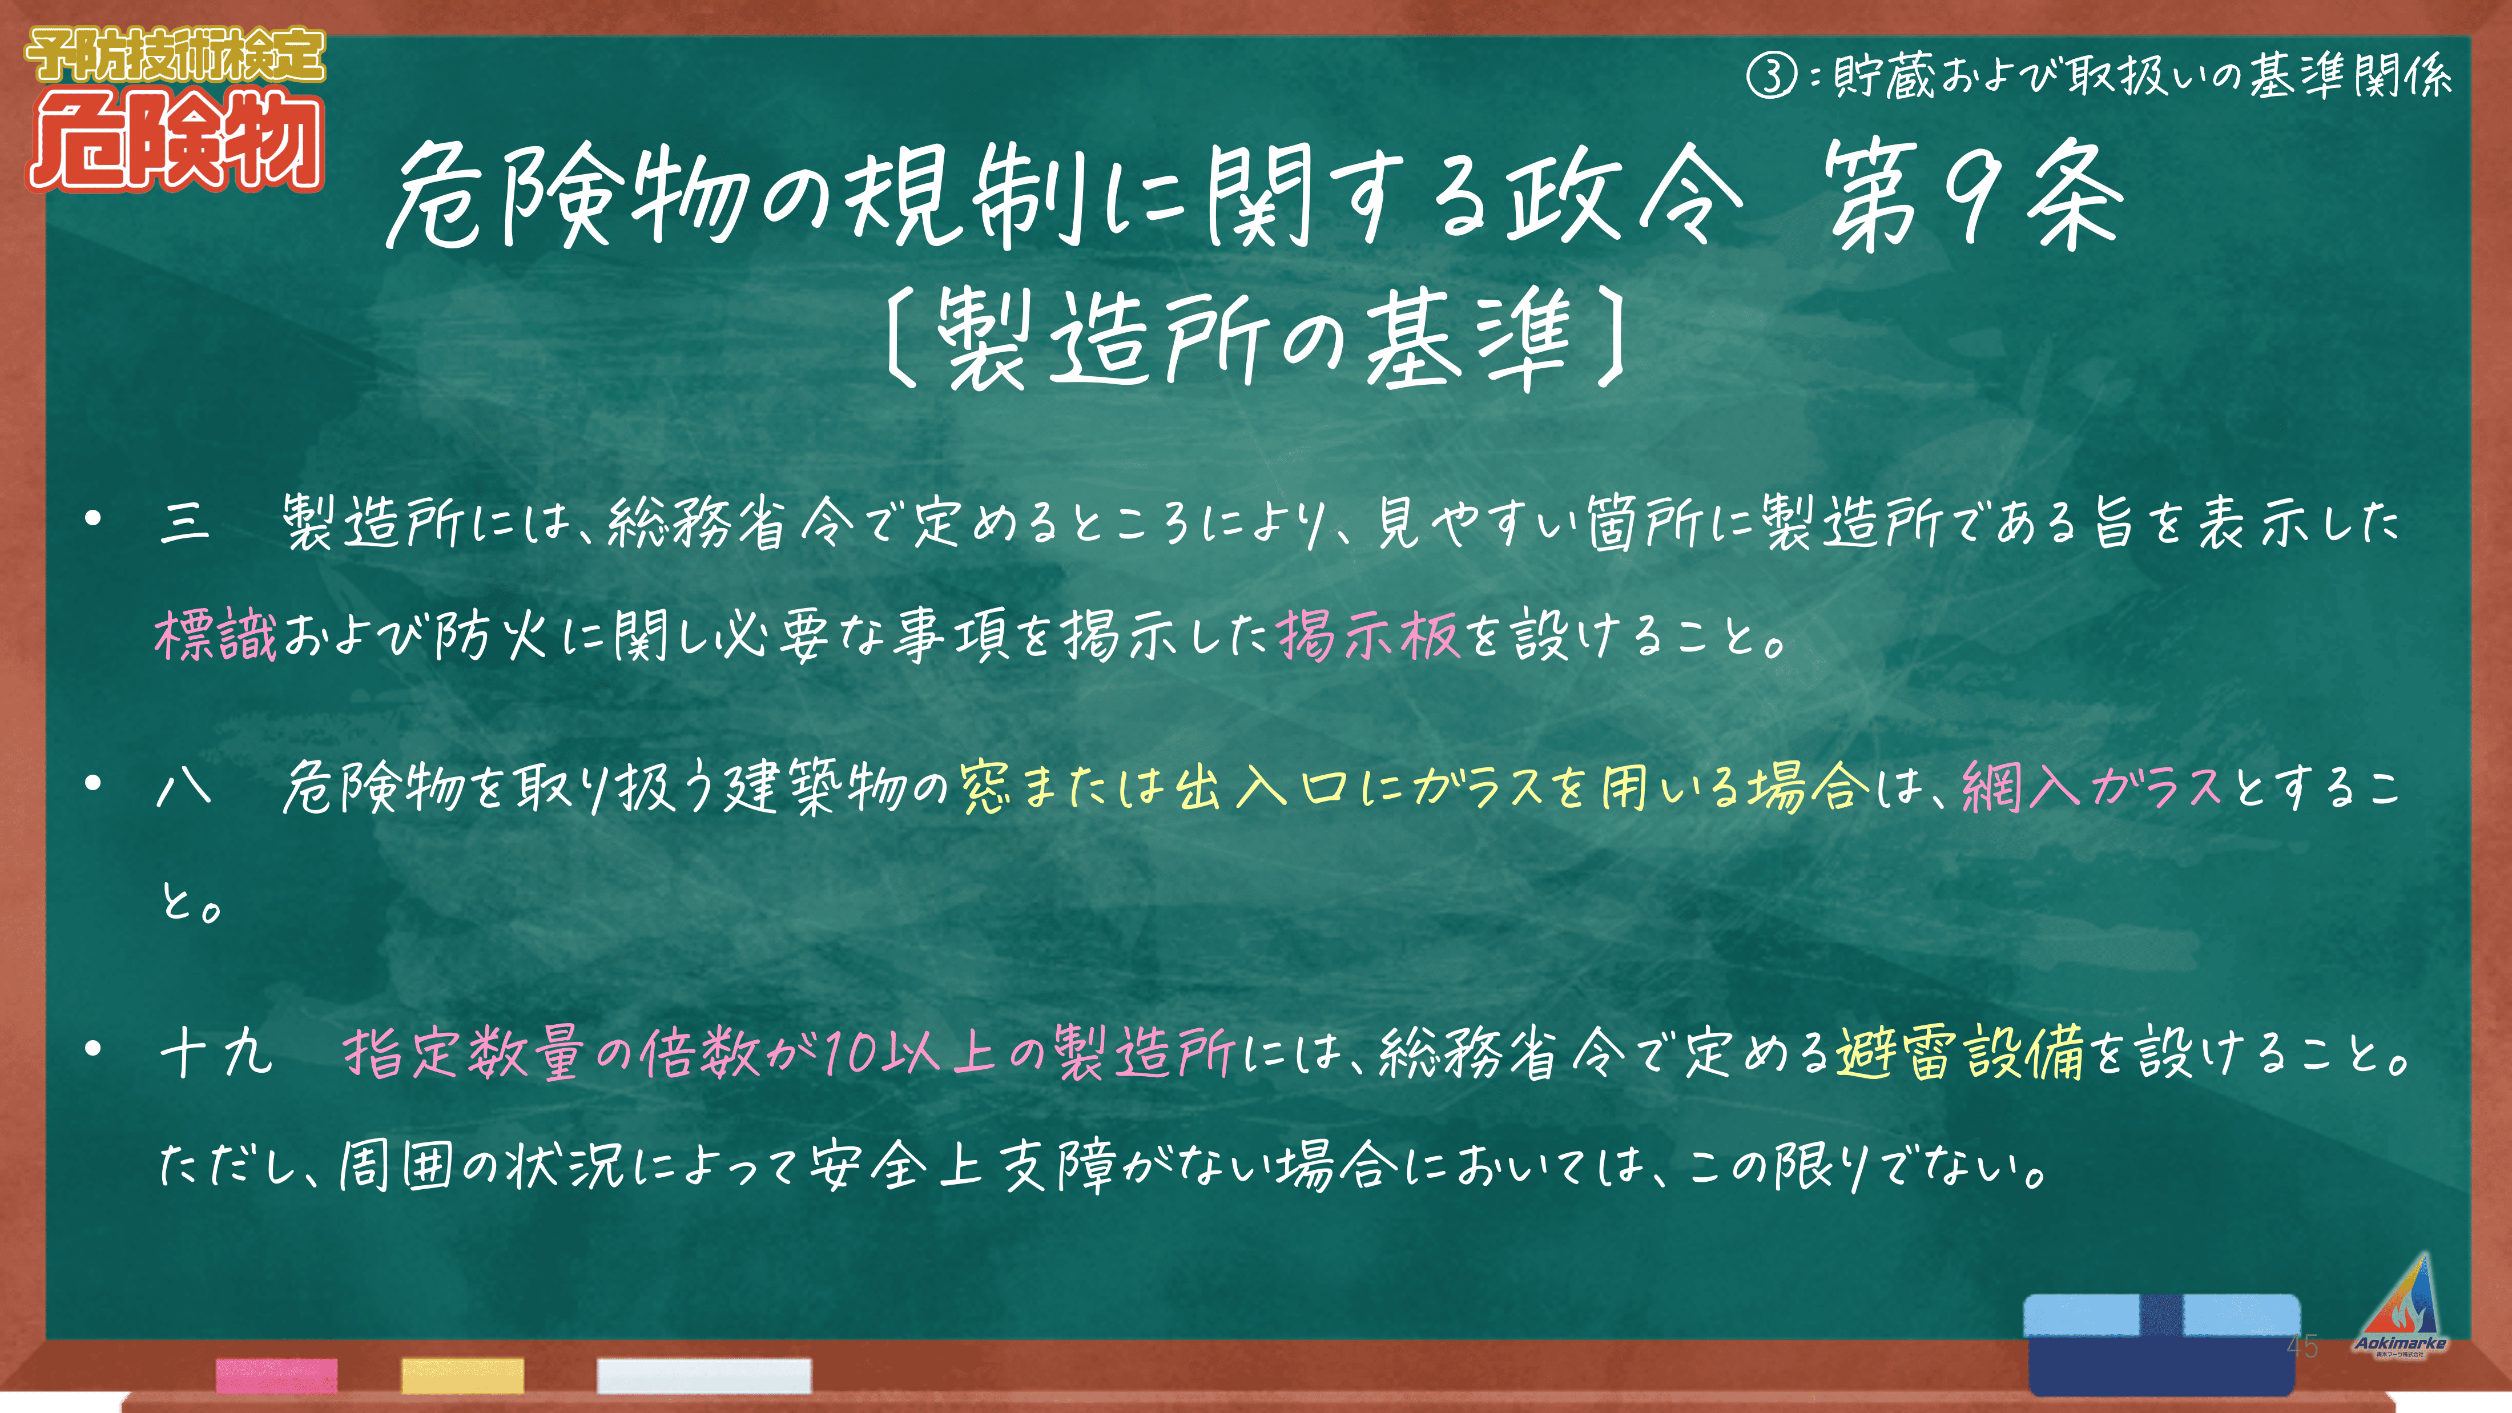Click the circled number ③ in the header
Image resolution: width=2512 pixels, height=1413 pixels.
coord(1770,75)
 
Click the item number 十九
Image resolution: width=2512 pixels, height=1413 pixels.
coord(216,1053)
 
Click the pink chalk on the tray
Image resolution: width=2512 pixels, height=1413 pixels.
coord(277,1375)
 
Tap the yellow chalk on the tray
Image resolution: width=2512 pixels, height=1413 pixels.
coord(462,1375)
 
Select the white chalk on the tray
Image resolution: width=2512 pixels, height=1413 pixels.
coord(704,1375)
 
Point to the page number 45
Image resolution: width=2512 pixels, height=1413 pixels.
coord(2302,1347)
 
